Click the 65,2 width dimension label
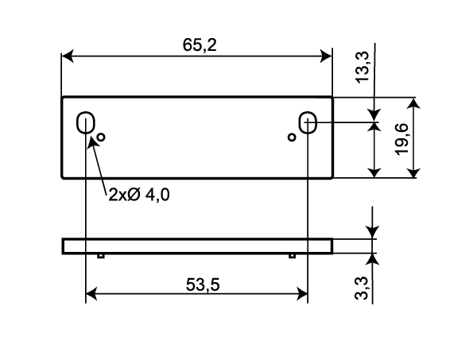(x=200, y=45)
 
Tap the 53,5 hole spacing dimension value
(x=203, y=285)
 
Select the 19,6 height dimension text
(x=401, y=139)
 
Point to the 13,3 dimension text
(x=362, y=67)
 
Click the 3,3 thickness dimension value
(x=362, y=288)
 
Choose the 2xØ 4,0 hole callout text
(x=139, y=195)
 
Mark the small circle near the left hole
(x=101, y=137)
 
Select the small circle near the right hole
(x=292, y=137)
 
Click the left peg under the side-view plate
(x=101, y=256)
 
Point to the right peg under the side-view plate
(x=292, y=256)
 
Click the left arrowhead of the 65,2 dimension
(x=68, y=56)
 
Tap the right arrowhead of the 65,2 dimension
(x=326, y=56)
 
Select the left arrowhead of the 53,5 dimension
(x=91, y=294)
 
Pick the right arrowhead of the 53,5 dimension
(x=302, y=294)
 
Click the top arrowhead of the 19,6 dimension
(x=414, y=103)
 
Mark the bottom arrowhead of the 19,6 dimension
(x=414, y=172)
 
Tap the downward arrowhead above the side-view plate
(x=373, y=232)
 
